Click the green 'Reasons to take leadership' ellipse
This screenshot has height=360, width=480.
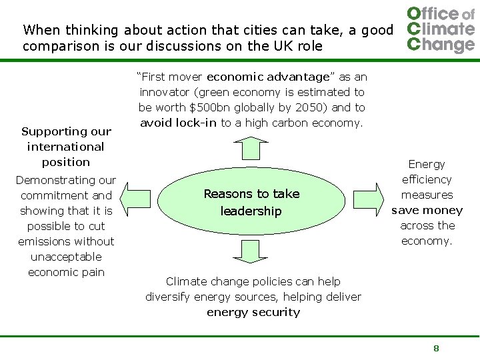251,202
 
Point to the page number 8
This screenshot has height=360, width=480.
436,348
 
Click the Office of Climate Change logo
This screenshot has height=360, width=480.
441,29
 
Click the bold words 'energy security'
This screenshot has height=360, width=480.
253,312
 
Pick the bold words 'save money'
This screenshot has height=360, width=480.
427,210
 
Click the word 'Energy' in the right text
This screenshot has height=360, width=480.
427,164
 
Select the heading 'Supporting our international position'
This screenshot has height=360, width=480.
65,147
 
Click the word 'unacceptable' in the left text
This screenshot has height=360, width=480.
66,257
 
